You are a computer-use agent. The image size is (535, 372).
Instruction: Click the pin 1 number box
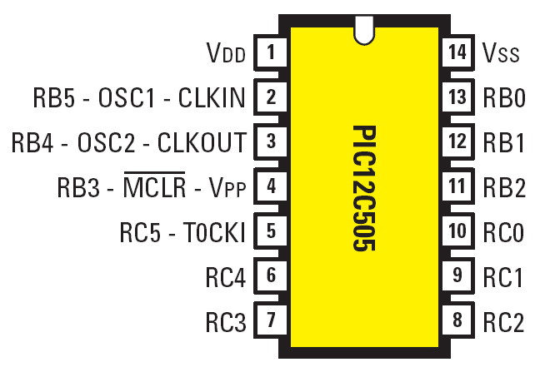point(271,54)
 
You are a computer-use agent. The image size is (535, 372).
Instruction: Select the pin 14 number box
point(457,53)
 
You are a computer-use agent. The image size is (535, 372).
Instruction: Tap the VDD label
point(226,55)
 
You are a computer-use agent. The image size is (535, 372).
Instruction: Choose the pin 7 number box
point(271,319)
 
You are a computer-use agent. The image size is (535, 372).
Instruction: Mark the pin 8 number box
point(457,319)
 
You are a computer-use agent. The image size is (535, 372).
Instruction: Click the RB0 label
point(504,98)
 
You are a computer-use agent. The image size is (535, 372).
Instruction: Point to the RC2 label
point(504,320)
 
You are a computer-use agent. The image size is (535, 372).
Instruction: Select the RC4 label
point(226,275)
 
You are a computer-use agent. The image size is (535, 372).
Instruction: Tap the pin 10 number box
point(457,231)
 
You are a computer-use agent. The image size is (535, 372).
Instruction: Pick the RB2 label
point(504,186)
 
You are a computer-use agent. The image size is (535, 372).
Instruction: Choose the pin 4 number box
point(271,186)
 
